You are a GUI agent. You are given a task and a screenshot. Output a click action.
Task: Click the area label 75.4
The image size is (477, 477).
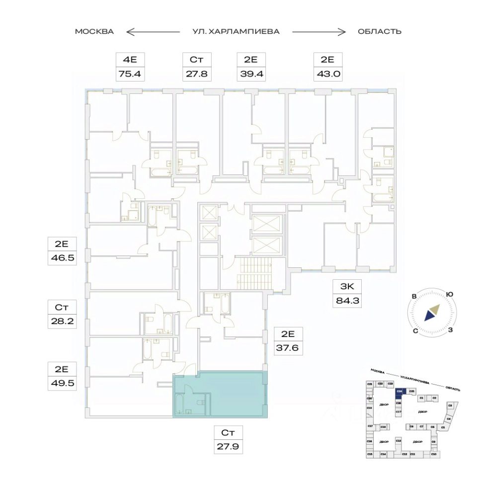[x=130, y=75]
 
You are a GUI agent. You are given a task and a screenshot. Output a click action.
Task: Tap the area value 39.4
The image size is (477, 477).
[x=250, y=75]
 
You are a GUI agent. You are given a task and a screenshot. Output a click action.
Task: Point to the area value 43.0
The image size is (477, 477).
[x=327, y=75]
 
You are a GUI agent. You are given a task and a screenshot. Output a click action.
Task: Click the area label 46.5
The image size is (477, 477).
[x=62, y=258]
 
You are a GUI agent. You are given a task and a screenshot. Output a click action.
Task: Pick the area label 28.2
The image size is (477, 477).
[x=62, y=321]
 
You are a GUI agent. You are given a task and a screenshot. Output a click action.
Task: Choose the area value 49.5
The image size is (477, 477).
[x=62, y=383]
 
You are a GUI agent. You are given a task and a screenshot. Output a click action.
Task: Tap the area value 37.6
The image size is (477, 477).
[x=289, y=347]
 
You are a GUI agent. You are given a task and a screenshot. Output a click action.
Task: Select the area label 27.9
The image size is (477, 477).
[x=229, y=446]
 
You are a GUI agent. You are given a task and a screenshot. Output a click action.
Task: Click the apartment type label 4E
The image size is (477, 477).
[x=130, y=60]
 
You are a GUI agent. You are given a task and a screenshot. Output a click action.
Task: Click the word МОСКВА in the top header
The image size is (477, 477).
[x=94, y=31]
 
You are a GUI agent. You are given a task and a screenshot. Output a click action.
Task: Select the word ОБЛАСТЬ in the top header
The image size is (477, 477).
[x=380, y=31]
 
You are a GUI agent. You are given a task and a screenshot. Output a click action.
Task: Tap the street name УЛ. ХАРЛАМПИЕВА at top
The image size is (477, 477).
[x=236, y=31]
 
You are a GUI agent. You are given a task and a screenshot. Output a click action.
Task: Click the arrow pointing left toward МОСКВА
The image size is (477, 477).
[x=153, y=32]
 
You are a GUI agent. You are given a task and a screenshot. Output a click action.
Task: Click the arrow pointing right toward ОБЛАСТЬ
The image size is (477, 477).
[x=318, y=32]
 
